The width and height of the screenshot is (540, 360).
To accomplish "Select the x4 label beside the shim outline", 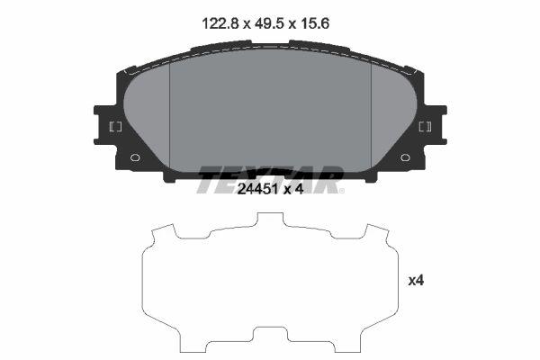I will [416, 281].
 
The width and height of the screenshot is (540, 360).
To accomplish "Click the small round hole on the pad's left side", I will [136, 158].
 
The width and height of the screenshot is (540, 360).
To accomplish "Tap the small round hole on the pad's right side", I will [406, 158].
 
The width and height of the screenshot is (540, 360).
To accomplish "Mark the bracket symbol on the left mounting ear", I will [115, 127].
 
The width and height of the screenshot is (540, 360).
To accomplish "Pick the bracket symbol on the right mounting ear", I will [426, 127].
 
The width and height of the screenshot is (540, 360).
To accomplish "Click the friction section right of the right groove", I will [392, 117].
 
